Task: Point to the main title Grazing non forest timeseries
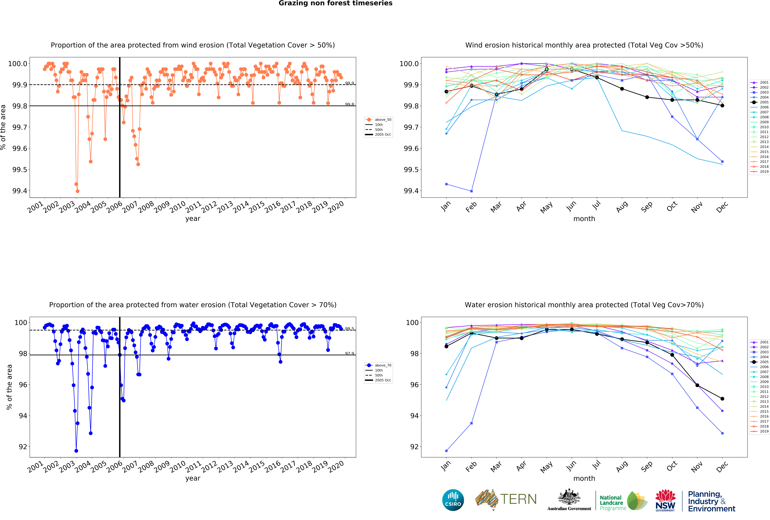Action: (335, 3)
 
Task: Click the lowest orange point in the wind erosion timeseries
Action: (78, 191)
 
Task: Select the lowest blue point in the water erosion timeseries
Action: (76, 451)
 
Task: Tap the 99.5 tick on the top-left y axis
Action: (20, 170)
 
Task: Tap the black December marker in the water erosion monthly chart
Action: (722, 399)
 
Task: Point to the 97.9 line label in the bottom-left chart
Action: (350, 353)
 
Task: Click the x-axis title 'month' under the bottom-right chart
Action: (584, 478)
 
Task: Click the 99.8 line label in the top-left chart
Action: (350, 104)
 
